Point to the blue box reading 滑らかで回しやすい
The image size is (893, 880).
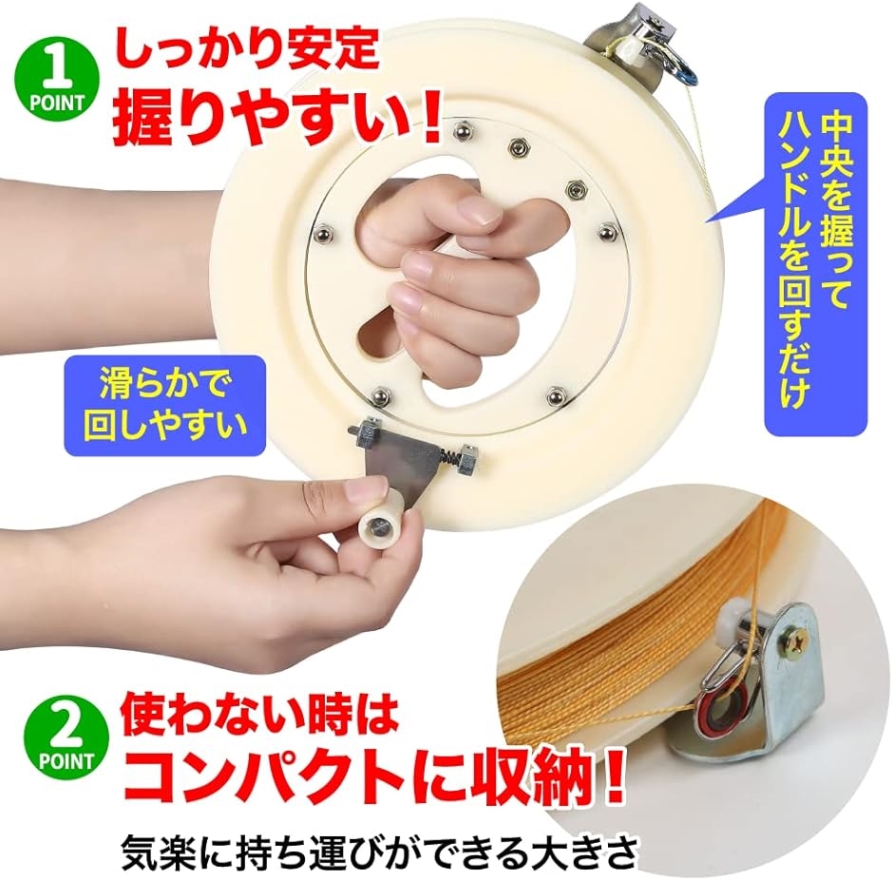[x=165, y=406]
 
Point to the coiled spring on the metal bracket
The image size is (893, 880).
[x=450, y=455]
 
